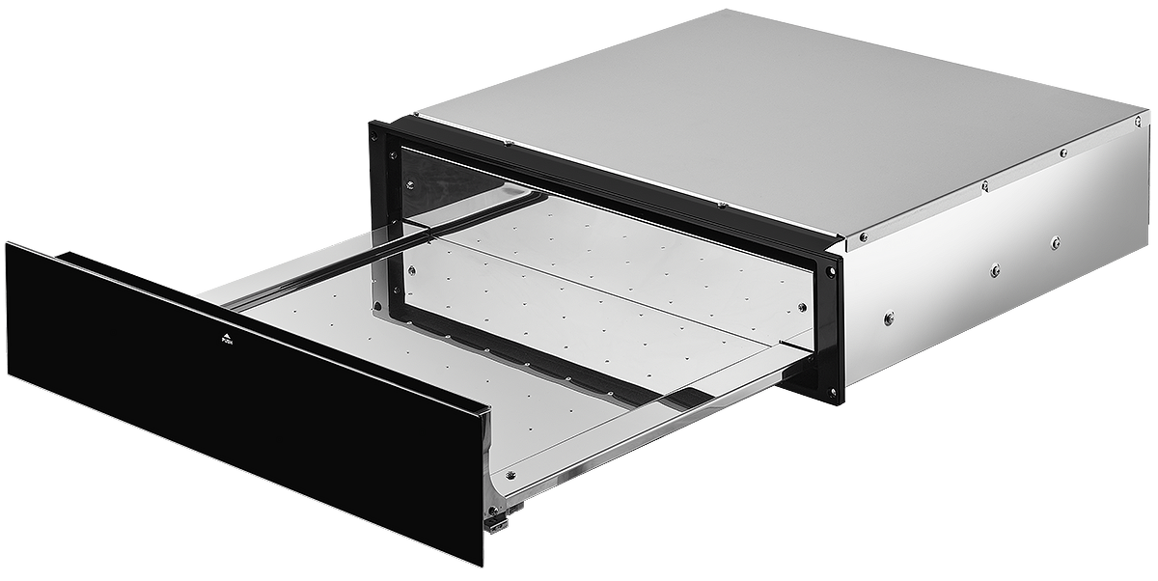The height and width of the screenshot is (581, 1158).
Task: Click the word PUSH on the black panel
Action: (227, 341)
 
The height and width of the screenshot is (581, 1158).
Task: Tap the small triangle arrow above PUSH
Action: (227, 334)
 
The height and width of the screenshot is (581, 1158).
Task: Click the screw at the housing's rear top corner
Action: (1138, 122)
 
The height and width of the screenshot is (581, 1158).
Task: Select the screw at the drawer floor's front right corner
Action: (511, 474)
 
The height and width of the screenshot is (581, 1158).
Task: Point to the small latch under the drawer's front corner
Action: (495, 524)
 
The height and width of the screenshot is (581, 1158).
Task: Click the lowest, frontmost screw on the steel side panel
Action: (889, 318)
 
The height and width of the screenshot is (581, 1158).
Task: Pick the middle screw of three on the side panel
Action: (995, 270)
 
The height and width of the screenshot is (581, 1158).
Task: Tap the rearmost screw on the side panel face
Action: (1055, 242)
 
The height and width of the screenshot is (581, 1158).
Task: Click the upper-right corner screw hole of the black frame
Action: (830, 271)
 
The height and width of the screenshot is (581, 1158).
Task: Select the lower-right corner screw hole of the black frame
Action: (832, 392)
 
